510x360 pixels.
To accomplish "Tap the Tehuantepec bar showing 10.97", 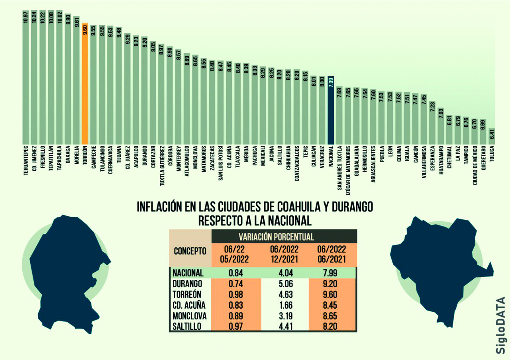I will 25,80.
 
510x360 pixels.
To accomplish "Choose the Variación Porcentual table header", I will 276,237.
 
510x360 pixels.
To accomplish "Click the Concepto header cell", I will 190,251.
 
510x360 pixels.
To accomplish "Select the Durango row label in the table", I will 188,284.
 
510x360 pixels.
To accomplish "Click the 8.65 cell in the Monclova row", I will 331,317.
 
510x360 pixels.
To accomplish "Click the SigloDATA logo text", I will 501,325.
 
